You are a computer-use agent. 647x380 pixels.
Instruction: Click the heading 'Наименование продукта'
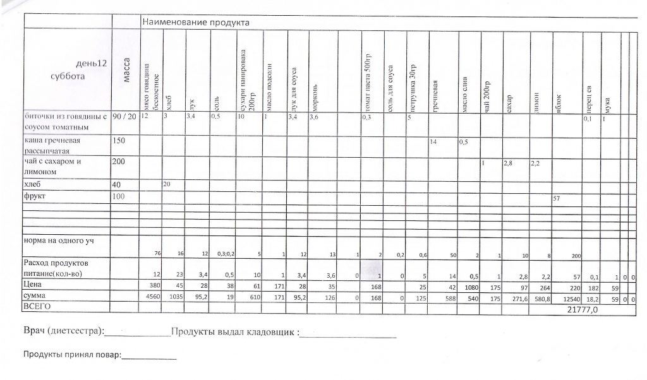tap(196, 23)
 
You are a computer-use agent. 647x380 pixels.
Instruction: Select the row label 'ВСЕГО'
tap(37, 306)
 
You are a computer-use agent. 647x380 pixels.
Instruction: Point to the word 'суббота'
tap(68, 76)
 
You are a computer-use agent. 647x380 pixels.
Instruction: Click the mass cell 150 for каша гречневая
tap(119, 141)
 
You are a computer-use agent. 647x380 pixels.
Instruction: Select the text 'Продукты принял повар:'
tap(71, 355)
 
